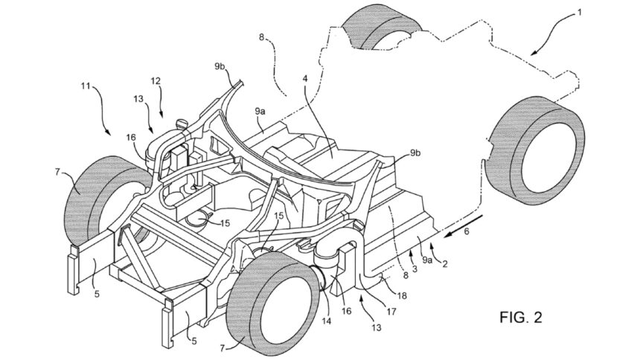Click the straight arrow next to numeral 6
pos(463,222)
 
